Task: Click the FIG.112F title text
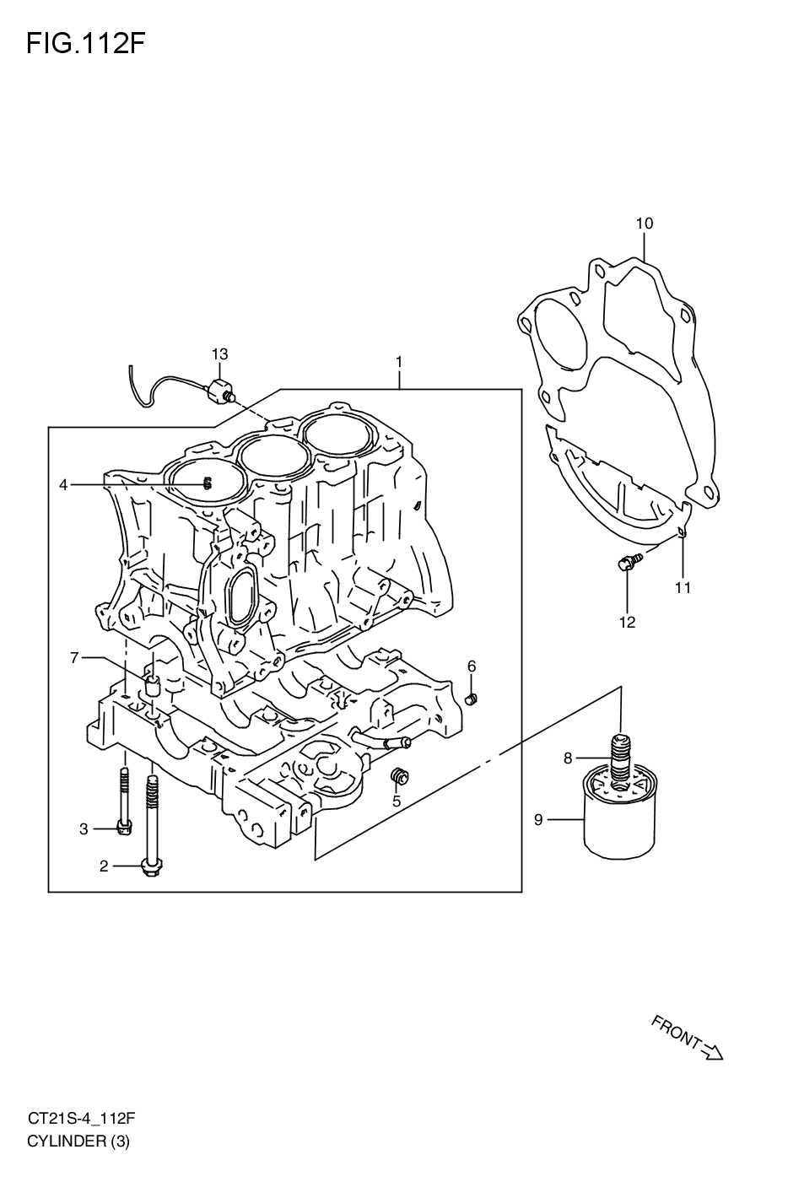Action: [85, 43]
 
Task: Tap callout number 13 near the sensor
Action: [219, 353]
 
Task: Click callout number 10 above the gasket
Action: [644, 224]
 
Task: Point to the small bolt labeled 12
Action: [626, 563]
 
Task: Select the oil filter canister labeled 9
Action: [619, 818]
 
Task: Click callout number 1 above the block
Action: [399, 362]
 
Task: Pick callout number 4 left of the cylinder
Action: [62, 484]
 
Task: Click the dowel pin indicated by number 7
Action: [153, 685]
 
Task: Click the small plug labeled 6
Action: [472, 698]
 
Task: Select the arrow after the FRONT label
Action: [713, 1051]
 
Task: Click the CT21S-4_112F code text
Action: [81, 1120]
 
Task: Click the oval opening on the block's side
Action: [244, 596]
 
